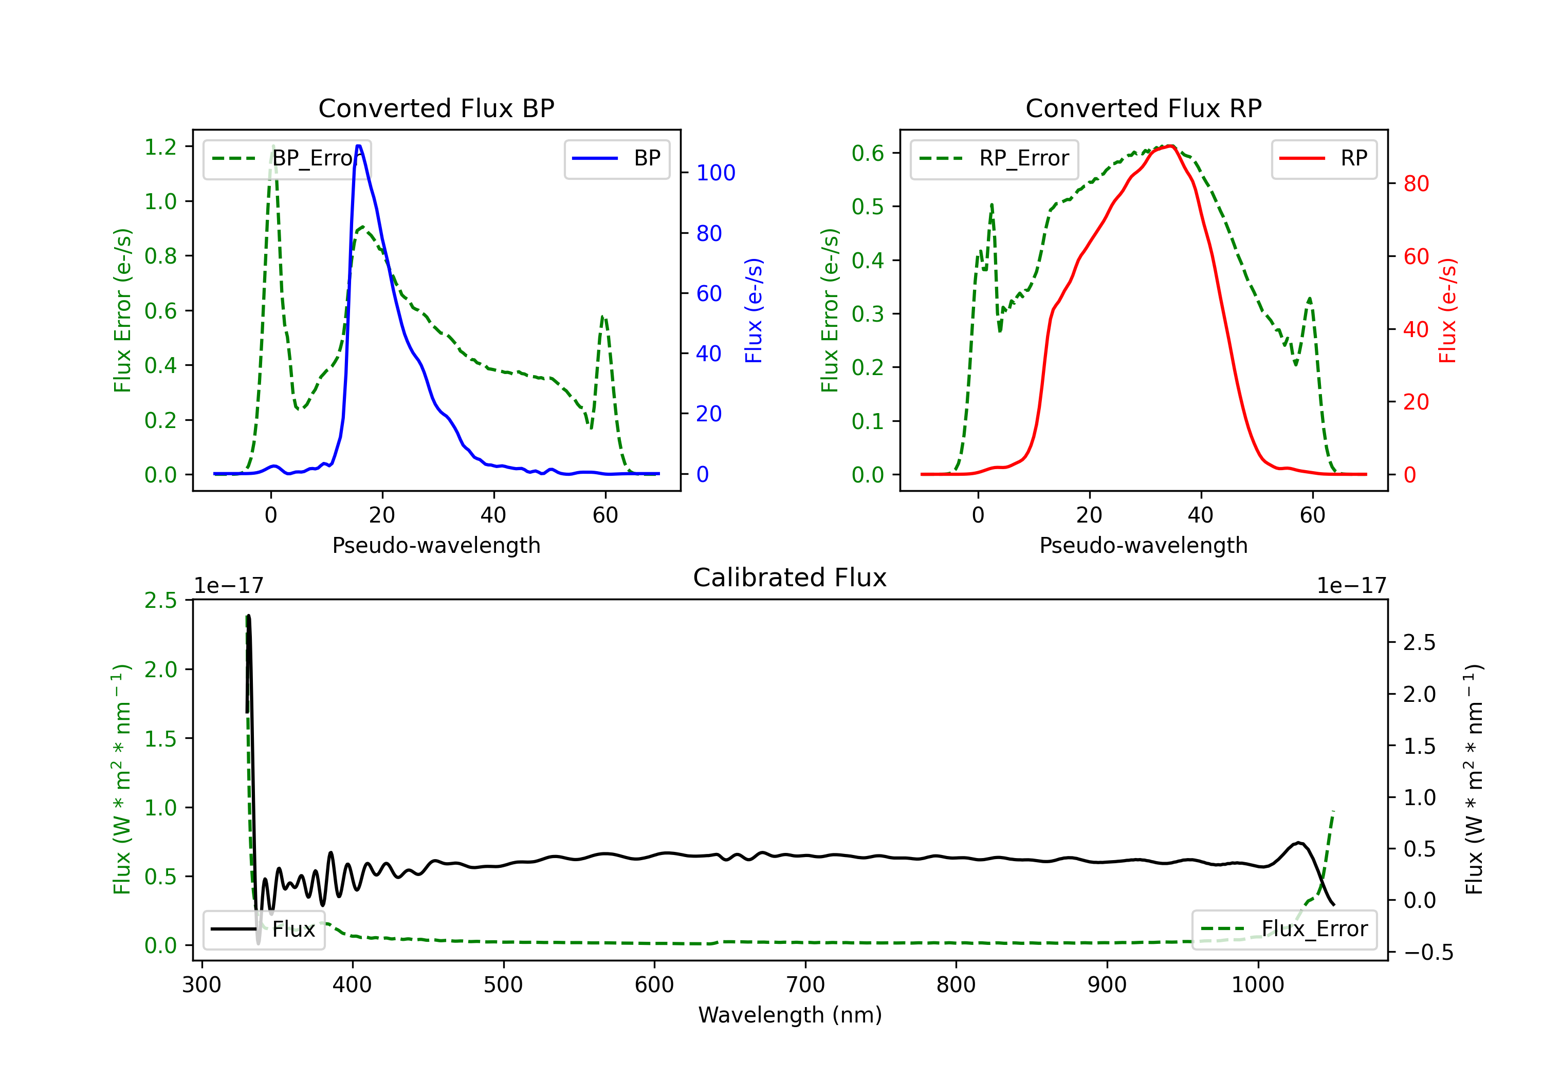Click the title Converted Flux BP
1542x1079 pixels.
tap(436, 108)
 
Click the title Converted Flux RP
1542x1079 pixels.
tap(1143, 108)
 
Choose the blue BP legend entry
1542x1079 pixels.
tap(616, 158)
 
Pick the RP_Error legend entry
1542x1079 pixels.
tap(994, 158)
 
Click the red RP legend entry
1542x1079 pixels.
tap(1324, 158)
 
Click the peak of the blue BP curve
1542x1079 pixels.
tap(359, 146)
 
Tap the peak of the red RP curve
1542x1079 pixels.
tap(1170, 146)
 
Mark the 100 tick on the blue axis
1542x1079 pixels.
tap(715, 173)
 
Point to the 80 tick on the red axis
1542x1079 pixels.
tap(1416, 183)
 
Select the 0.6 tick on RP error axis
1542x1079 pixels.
tap(868, 153)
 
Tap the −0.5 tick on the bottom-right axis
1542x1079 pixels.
tap(1428, 952)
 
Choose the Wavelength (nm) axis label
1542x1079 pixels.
tap(790, 1015)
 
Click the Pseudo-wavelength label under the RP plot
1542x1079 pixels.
tap(1143, 545)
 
